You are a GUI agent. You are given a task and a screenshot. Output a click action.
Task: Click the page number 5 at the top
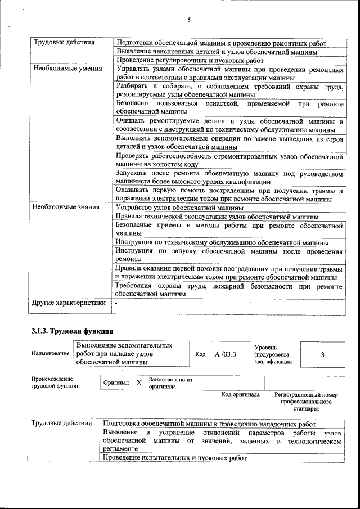(189, 20)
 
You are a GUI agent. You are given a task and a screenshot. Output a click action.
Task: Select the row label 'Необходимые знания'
(66, 207)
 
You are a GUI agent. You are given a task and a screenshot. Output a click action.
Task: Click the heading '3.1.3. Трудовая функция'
(73, 331)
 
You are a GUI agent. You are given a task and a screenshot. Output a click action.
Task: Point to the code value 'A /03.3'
(225, 354)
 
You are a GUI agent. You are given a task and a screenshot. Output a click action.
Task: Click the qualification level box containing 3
(322, 354)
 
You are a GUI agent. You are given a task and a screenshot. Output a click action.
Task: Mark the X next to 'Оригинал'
(139, 382)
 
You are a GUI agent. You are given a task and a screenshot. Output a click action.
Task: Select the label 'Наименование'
(51, 354)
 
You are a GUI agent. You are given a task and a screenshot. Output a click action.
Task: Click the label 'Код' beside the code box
(200, 354)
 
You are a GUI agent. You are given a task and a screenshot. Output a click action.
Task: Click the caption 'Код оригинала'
(240, 395)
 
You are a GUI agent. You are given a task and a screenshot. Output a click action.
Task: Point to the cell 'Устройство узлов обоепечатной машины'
(175, 207)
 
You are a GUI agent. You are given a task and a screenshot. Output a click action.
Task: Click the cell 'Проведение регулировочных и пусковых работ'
(190, 60)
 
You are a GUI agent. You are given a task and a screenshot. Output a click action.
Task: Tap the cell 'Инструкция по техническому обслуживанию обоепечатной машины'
(222, 242)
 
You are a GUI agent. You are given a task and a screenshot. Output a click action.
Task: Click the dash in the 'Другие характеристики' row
(116, 303)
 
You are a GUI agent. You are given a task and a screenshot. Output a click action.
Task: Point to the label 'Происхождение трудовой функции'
(55, 382)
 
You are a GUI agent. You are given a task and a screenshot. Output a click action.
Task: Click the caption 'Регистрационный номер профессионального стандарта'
(306, 402)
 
